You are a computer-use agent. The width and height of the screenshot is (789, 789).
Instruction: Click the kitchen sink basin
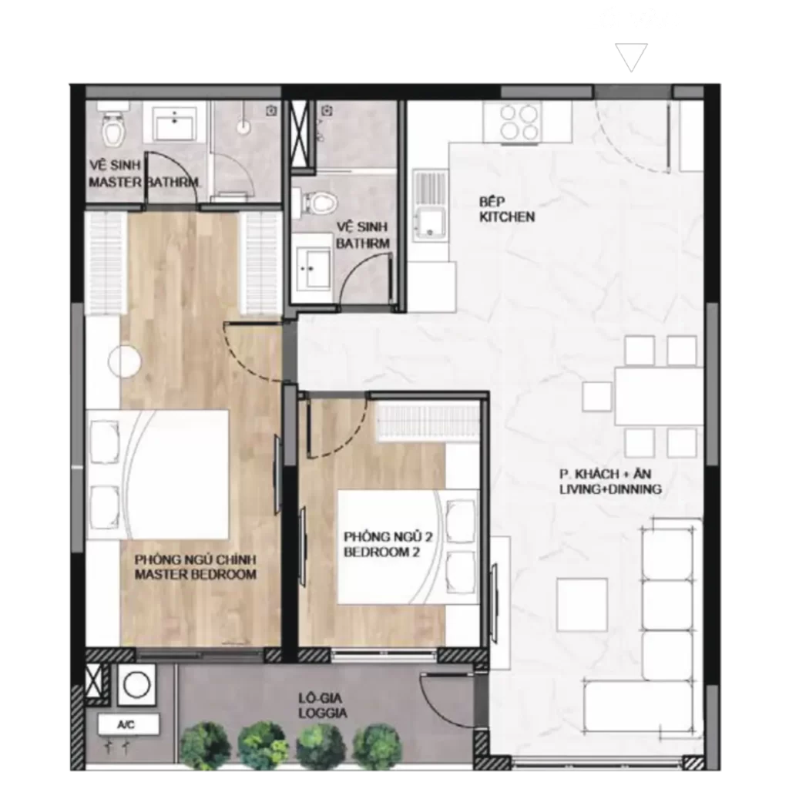click(430, 222)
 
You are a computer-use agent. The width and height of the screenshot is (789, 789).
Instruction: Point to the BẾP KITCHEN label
click(507, 210)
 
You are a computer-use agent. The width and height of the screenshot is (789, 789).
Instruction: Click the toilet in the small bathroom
click(319, 203)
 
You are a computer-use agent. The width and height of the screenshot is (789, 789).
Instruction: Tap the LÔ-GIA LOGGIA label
click(323, 706)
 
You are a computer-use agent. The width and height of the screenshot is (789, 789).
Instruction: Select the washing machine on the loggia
click(137, 685)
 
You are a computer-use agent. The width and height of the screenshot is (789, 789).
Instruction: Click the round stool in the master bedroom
click(124, 361)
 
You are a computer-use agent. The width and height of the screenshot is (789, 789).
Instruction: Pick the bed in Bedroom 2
click(408, 546)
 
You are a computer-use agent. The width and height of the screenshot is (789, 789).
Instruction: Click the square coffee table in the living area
click(582, 605)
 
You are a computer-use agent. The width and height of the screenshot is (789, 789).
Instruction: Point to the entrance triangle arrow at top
click(632, 57)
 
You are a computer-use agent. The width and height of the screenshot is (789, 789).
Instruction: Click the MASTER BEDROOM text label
click(196, 574)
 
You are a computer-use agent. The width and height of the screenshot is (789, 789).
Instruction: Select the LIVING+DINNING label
click(610, 489)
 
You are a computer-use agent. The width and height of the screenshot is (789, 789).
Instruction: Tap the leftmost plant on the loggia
click(205, 746)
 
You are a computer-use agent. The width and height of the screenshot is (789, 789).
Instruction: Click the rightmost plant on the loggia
click(377, 747)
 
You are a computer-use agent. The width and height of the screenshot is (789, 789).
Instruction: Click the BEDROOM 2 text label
click(382, 552)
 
